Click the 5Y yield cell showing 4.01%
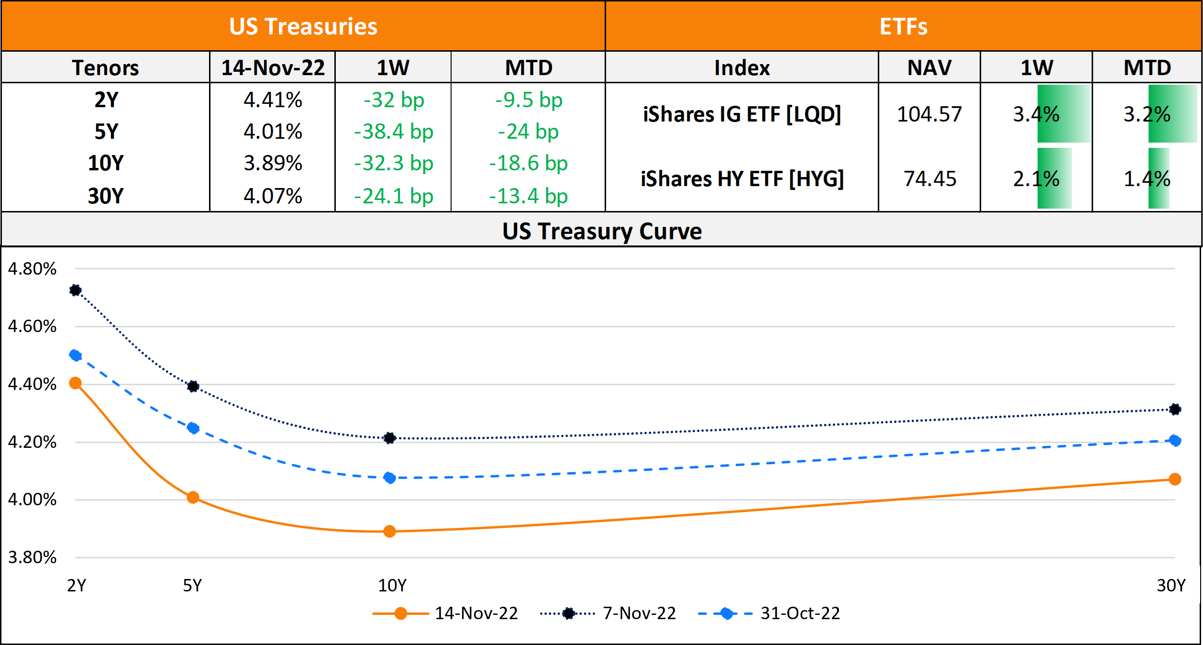tap(273, 132)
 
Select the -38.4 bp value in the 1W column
tap(393, 132)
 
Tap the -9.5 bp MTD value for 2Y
tap(529, 100)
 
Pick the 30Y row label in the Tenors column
tap(106, 196)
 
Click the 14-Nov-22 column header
tap(273, 67)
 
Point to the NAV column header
tap(929, 67)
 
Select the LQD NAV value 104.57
tap(929, 114)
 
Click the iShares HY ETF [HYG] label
tap(742, 179)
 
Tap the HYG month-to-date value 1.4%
tap(1147, 179)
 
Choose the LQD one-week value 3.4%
tap(1036, 114)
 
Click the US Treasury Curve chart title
tap(602, 231)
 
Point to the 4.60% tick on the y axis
tap(32, 326)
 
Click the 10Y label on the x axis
tap(392, 585)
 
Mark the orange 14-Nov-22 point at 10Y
tap(389, 531)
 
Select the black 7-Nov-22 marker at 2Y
tap(75, 290)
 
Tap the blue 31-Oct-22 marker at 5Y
tap(193, 428)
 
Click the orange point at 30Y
tap(1174, 479)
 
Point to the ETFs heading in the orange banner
tap(903, 26)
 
